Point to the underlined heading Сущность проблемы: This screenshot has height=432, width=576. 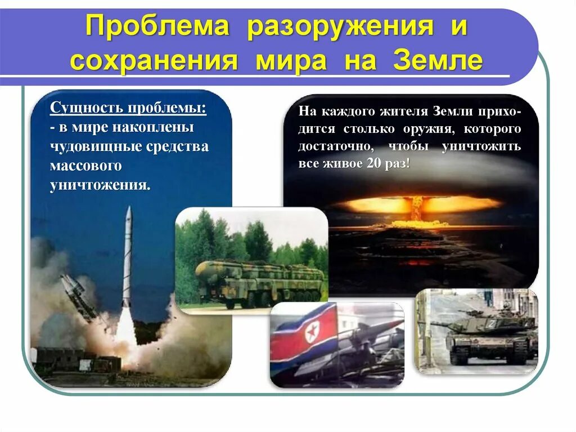coord(128,108)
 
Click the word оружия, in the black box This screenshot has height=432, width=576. coord(429,128)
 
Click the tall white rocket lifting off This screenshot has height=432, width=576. coord(127,259)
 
